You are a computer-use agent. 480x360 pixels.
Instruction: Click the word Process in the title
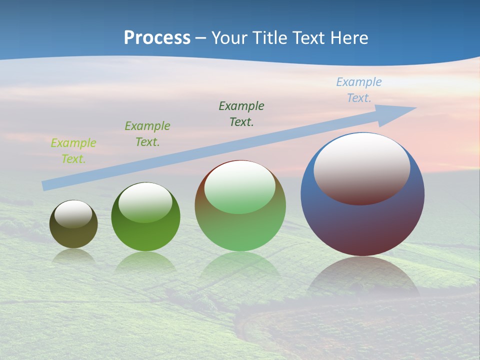(157, 38)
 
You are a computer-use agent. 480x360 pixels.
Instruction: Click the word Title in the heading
(269, 38)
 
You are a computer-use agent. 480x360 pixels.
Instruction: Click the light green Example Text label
(73, 151)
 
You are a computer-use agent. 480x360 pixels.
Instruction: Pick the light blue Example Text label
(359, 90)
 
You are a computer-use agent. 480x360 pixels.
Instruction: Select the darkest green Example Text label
(241, 113)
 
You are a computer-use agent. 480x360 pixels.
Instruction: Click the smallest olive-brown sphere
(73, 235)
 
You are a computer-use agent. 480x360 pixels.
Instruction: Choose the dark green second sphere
(145, 235)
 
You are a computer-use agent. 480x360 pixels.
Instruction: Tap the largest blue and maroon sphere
(362, 225)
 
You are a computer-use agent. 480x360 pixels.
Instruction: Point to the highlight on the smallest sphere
(73, 213)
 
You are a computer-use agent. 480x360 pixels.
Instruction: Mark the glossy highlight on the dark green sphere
(145, 201)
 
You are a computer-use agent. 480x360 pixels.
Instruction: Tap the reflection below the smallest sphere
(73, 256)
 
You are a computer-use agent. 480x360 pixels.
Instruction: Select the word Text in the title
(308, 38)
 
